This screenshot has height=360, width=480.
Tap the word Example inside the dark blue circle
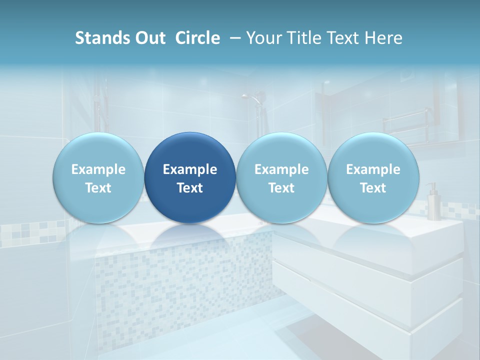[190, 169]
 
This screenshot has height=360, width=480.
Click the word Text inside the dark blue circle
[190, 188]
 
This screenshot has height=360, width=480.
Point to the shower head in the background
[255, 97]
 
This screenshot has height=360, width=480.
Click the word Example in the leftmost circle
[98, 169]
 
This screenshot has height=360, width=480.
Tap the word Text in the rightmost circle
[373, 188]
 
